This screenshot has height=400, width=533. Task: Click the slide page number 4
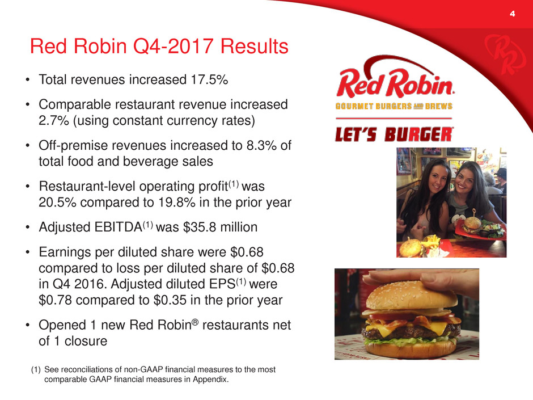[x=512, y=14]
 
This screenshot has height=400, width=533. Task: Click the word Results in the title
[x=255, y=46]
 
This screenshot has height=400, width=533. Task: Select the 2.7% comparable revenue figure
[x=54, y=120]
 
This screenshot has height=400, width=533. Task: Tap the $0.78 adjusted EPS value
[x=56, y=300]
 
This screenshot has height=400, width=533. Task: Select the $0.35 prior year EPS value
[x=170, y=300]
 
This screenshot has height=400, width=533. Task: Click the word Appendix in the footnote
[x=211, y=379]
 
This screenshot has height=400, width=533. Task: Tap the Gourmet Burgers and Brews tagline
[x=394, y=106]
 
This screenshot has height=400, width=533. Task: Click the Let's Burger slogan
[x=394, y=134]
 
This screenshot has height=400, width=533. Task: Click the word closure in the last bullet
[x=86, y=341]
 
